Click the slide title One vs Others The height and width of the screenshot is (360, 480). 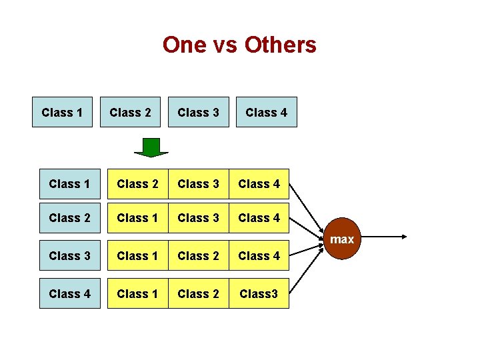239,45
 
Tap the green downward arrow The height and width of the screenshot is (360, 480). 152,147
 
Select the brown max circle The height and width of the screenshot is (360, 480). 342,239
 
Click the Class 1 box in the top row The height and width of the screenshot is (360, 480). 62,112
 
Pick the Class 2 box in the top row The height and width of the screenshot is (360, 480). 130,112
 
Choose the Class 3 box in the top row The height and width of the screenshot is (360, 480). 198,112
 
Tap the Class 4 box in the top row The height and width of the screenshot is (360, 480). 266,112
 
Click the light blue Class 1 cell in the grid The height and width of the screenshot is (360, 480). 69,183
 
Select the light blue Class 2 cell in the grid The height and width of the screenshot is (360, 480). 69,217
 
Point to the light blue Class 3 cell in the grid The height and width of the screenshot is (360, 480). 69,255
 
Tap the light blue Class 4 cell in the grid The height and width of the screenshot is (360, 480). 69,293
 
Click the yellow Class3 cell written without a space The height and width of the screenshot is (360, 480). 259,293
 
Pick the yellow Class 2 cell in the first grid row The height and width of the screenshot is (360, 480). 137,183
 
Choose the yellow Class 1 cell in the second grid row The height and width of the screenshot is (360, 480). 137,217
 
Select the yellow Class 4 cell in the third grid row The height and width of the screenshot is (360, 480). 259,255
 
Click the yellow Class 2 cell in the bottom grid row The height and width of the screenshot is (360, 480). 198,293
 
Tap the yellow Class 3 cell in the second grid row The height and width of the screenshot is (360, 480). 198,217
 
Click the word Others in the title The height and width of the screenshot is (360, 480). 280,45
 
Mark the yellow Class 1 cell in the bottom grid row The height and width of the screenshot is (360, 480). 137,293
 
